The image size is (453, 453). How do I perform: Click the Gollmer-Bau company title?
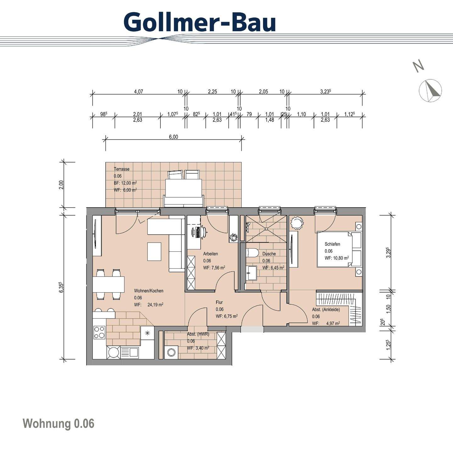pyautogui.click(x=200, y=22)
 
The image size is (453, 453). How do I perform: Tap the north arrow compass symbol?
pyautogui.click(x=430, y=90)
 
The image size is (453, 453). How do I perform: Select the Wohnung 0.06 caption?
pyautogui.click(x=59, y=423)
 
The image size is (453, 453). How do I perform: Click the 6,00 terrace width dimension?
pyautogui.click(x=173, y=137)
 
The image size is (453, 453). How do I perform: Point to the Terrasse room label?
pyautogui.click(x=121, y=169)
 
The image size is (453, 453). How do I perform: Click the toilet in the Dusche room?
pyautogui.click(x=252, y=253)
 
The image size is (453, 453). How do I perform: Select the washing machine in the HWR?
pyautogui.click(x=171, y=352)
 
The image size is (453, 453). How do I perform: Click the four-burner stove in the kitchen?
pyautogui.click(x=99, y=332)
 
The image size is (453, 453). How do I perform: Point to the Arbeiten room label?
pyautogui.click(x=210, y=254)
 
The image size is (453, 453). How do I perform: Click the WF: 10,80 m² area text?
pyautogui.click(x=337, y=258)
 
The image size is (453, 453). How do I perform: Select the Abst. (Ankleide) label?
pyautogui.click(x=326, y=310)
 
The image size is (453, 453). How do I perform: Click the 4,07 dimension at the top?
pyautogui.click(x=138, y=92)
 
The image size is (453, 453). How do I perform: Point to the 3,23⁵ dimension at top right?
pyautogui.click(x=326, y=92)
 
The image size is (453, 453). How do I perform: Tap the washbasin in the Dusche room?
pyautogui.click(x=252, y=272)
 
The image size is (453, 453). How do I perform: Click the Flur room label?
pyautogui.click(x=219, y=302)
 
